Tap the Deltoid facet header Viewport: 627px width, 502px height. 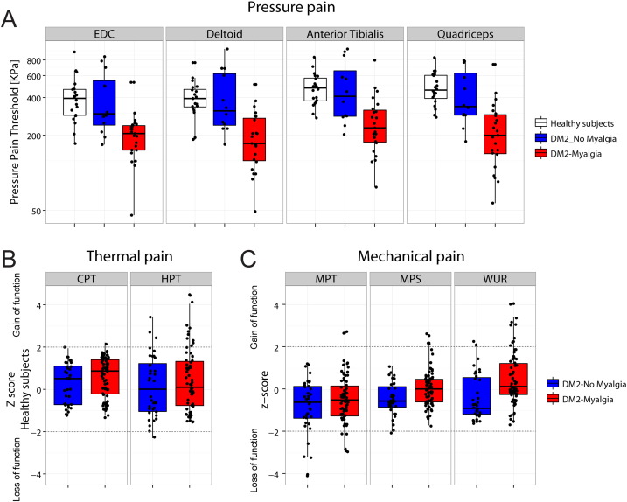coord(224,33)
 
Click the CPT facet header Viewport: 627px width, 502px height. coord(86,281)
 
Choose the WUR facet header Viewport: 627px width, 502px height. coord(496,281)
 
